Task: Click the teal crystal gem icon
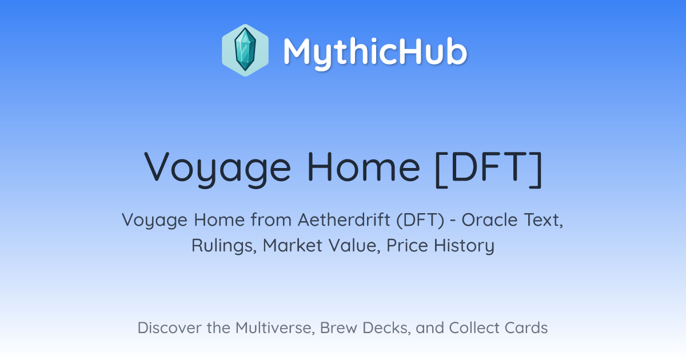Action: tap(245, 50)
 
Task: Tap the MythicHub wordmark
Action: tap(375, 52)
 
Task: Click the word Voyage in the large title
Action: tap(218, 169)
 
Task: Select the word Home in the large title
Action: tap(364, 167)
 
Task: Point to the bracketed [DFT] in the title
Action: tap(489, 169)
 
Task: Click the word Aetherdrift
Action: tap(344, 220)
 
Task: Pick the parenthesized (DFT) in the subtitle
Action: tap(420, 220)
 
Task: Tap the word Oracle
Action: tap(490, 220)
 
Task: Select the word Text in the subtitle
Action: tap(543, 220)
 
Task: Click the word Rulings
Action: tap(224, 246)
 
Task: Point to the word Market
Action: tap(293, 245)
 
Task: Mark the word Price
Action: tap(407, 245)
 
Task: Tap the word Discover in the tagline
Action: tap(170, 328)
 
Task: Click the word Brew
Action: tap(338, 328)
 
